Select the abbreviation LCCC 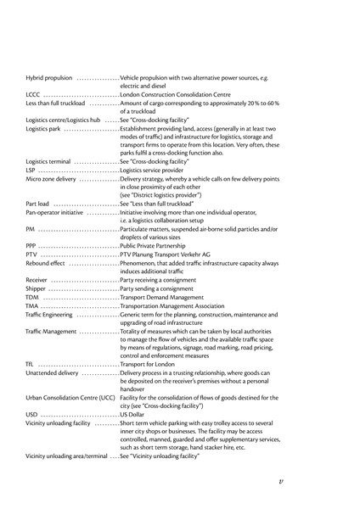coord(33,94)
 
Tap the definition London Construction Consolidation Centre coord(176,94)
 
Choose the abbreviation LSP coord(31,170)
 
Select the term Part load coord(37,204)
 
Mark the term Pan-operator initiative coord(55,212)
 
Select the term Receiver coord(37,279)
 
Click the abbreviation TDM coord(32,297)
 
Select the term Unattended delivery coord(52,372)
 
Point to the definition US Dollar coord(134,414)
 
